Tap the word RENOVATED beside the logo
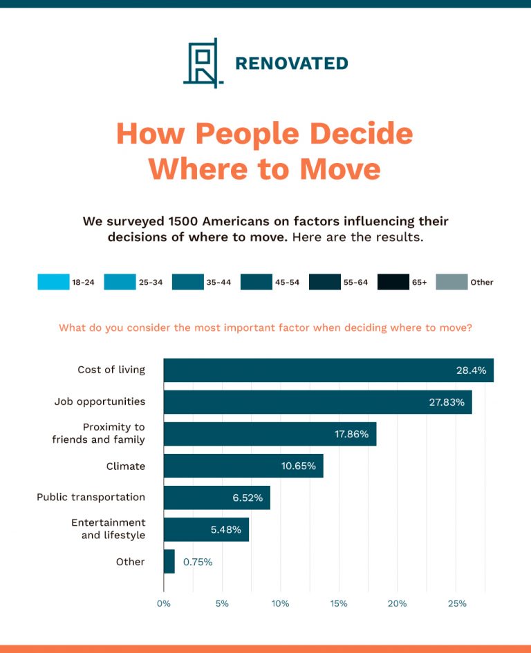click(291, 64)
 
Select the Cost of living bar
click(328, 370)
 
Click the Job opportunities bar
click(317, 402)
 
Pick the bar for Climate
click(243, 466)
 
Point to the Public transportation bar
click(216, 498)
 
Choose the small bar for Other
click(169, 562)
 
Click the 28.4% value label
click(471, 370)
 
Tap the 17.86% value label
click(351, 434)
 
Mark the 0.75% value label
click(198, 562)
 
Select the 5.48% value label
click(226, 530)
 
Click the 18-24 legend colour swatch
click(53, 282)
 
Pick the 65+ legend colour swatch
click(393, 282)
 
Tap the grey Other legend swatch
click(451, 282)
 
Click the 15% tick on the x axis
click(339, 603)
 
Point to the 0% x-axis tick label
click(164, 603)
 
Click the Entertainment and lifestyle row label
click(108, 529)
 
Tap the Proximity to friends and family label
click(98, 433)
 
